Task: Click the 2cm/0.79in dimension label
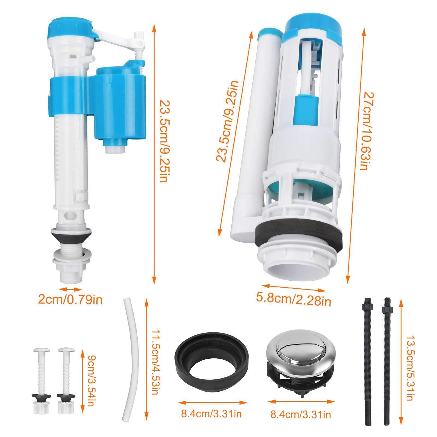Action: pos(70,300)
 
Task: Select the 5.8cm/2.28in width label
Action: pos(294,299)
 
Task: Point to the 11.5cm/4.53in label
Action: pos(156,362)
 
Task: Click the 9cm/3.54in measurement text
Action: pos(92,381)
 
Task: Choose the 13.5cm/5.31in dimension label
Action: pos(411,368)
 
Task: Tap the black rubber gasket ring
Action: pos(212,362)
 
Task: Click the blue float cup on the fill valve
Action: pos(120,107)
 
